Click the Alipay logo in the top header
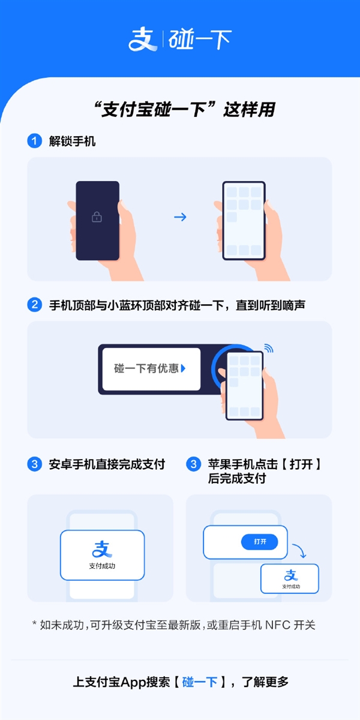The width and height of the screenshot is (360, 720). click(x=143, y=40)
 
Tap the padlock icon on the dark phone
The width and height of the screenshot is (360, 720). click(x=97, y=217)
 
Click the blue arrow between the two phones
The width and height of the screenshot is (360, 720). click(x=180, y=217)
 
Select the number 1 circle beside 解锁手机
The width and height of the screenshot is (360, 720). click(x=35, y=142)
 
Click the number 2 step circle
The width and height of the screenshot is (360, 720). click(x=35, y=305)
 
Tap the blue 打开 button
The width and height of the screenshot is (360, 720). click(x=260, y=542)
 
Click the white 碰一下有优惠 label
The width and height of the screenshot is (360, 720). click(x=151, y=369)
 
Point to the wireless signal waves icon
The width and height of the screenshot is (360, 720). click(x=268, y=348)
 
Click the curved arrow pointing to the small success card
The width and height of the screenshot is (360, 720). click(x=299, y=550)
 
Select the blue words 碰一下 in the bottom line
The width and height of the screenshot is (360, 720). click(x=200, y=682)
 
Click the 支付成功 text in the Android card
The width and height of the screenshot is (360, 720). click(x=102, y=566)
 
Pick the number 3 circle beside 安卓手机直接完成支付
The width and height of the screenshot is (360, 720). click(x=35, y=464)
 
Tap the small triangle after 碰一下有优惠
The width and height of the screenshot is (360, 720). click(x=183, y=369)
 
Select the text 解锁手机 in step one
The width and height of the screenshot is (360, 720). click(x=73, y=142)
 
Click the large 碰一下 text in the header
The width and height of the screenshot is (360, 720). click(x=200, y=40)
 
